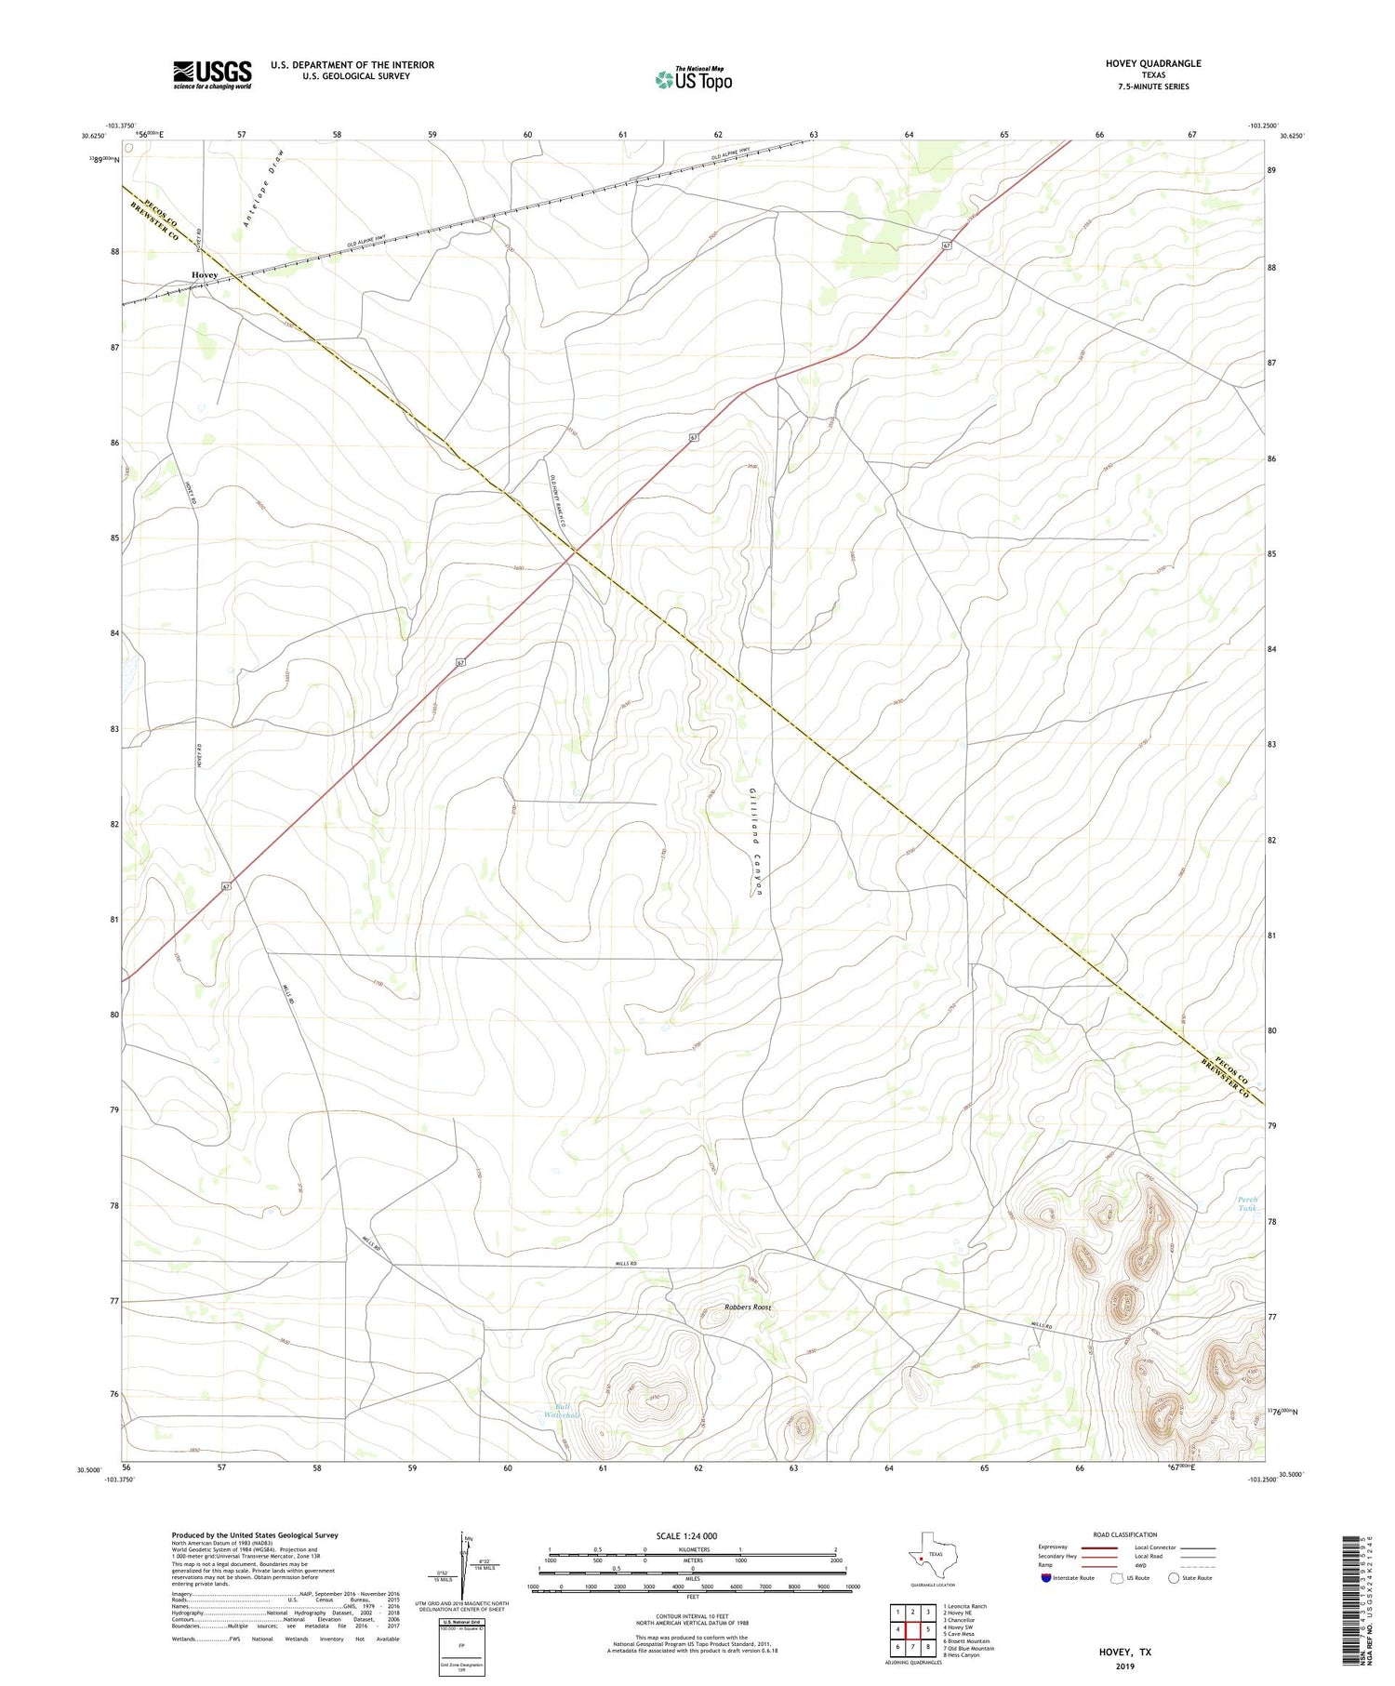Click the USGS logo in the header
click(x=212, y=74)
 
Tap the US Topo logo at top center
click(x=693, y=80)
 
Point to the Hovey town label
click(x=205, y=275)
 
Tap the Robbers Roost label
click(x=748, y=1308)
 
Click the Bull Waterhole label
click(x=562, y=1411)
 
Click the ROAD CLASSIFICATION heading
click(x=1125, y=1534)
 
